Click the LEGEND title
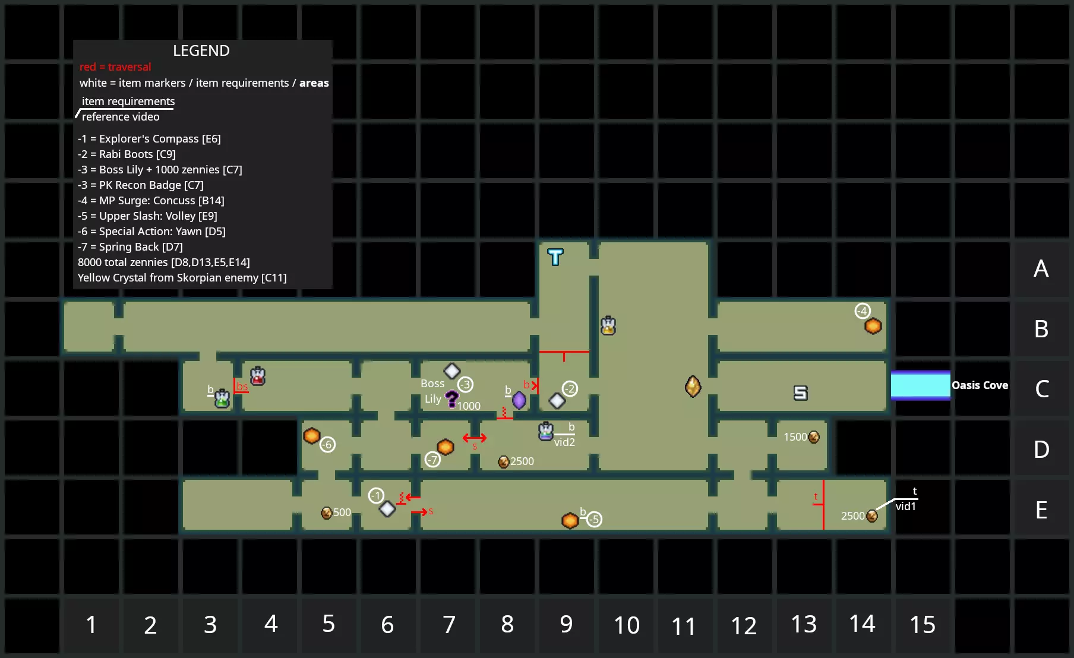coord(201,51)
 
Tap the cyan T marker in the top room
coord(555,257)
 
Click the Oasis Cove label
coord(980,385)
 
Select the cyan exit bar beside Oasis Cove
coord(920,385)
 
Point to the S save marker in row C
coord(801,393)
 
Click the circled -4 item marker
coord(863,311)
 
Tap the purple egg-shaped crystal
coord(519,400)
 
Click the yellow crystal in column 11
coord(693,386)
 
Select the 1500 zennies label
coord(795,437)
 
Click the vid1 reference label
coord(906,507)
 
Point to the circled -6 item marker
coord(327,444)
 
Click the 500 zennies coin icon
coord(326,513)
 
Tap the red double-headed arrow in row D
coord(475,438)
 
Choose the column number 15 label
coord(923,625)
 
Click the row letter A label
coord(1041,269)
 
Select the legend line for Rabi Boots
coord(127,154)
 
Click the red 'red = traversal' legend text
coord(115,67)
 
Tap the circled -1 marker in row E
coord(376,495)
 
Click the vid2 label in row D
coord(564,442)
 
